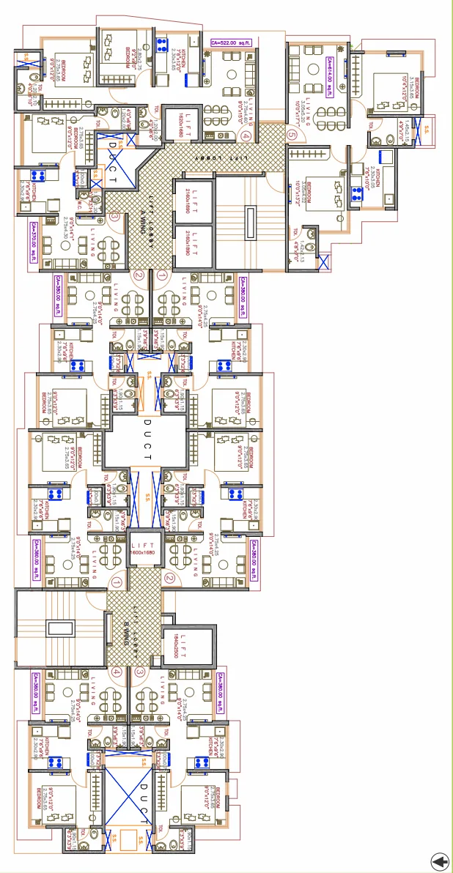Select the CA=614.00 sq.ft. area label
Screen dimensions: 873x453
coord(331,74)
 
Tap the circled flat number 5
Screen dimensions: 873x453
coord(292,135)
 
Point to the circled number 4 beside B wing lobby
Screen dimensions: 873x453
coord(117,672)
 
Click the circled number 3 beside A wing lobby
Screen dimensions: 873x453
coord(114,216)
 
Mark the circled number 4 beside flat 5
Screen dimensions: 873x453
coord(246,135)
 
